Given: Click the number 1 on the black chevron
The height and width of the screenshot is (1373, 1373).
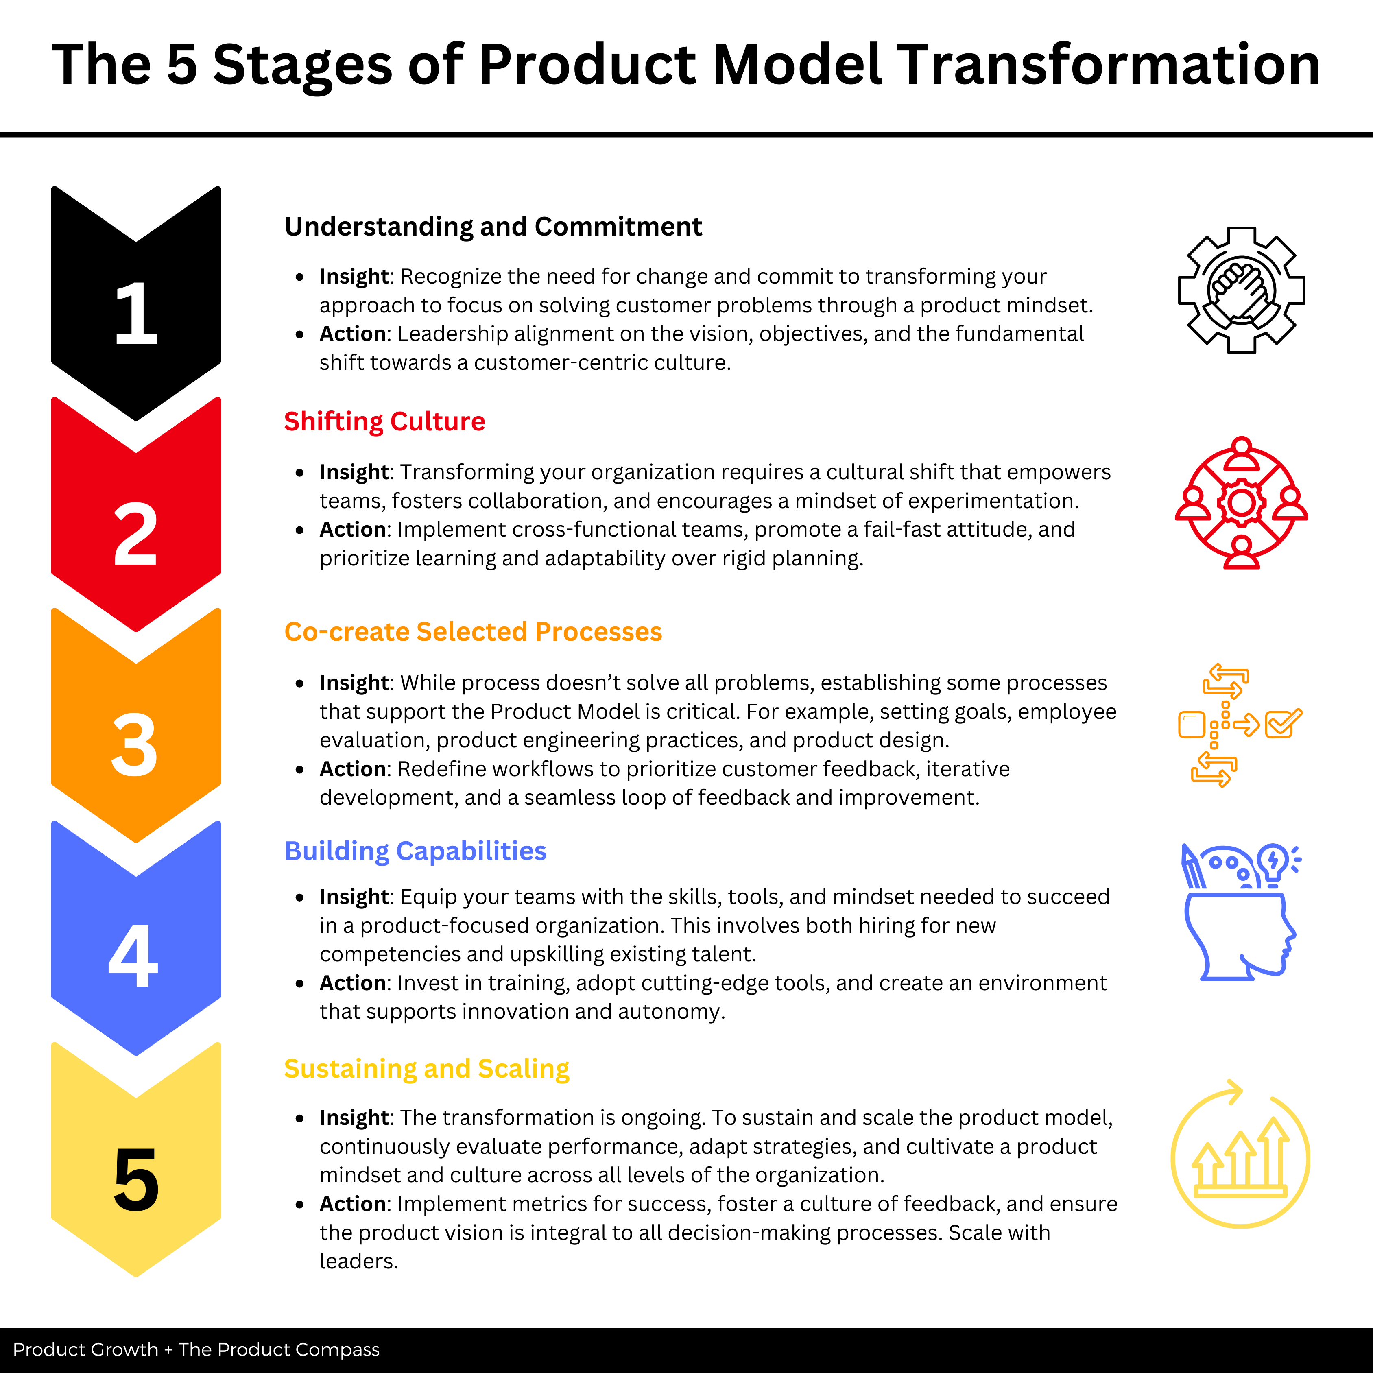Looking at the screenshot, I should tap(136, 313).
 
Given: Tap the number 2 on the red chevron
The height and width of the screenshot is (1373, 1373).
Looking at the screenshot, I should tap(135, 535).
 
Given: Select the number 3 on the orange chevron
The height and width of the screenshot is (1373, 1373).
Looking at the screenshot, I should tap(134, 745).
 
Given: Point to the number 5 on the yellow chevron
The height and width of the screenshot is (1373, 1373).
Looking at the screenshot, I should tap(136, 1180).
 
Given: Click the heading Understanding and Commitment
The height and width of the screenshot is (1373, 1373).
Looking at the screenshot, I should tap(493, 227).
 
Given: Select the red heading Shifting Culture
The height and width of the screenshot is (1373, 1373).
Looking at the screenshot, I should tap(384, 421).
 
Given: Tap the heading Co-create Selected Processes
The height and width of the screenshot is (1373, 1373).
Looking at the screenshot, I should tap(473, 632).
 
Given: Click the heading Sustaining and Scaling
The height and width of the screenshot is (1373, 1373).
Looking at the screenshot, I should tap(426, 1069).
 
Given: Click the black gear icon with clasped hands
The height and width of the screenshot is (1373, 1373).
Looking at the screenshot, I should tap(1241, 290).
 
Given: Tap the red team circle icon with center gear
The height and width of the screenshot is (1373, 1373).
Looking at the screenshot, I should tap(1241, 503).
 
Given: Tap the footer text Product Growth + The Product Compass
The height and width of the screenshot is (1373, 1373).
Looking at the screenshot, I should tap(196, 1349).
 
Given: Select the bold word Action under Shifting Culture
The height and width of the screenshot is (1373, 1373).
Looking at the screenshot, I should tap(352, 529).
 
